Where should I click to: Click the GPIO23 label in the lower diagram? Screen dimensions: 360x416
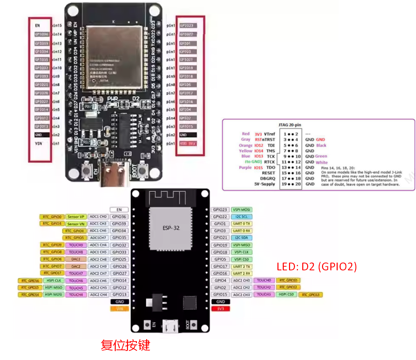220,210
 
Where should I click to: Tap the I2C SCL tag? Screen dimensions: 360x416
241,217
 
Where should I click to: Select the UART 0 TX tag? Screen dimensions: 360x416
241,224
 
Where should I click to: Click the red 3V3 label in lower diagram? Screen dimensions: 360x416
220,309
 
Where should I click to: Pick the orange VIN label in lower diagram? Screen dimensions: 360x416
119,309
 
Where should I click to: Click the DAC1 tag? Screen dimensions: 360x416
76,259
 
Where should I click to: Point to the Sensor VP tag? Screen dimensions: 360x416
76,217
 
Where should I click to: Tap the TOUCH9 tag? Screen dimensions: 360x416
76,245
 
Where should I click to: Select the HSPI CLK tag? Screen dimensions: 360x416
54,281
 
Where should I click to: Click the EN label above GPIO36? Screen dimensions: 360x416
119,210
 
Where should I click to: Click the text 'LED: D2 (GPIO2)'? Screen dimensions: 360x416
316,267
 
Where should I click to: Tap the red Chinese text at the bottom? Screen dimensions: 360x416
125,345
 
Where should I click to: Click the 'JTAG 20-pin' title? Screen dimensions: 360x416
290,125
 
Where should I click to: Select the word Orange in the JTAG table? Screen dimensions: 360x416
245,145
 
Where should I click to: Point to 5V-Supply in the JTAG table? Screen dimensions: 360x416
264,184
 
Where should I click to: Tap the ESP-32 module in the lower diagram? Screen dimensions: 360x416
171,228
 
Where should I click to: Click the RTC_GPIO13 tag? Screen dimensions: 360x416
311,295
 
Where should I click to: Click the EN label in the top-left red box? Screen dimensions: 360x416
37,25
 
